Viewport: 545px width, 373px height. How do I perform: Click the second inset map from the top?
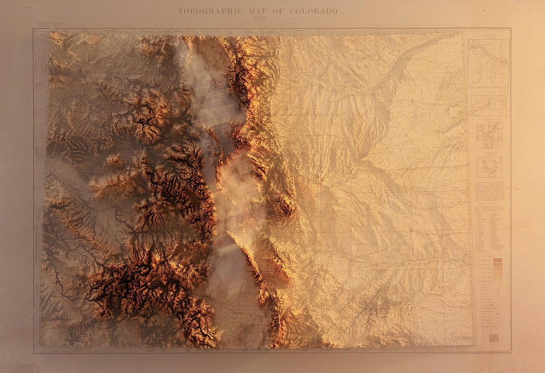(488, 105)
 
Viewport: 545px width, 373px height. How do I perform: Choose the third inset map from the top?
(489, 134)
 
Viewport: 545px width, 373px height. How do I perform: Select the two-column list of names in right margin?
(489, 231)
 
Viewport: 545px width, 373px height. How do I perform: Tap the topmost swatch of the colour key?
(498, 261)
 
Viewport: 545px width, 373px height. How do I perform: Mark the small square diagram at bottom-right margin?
(494, 338)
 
